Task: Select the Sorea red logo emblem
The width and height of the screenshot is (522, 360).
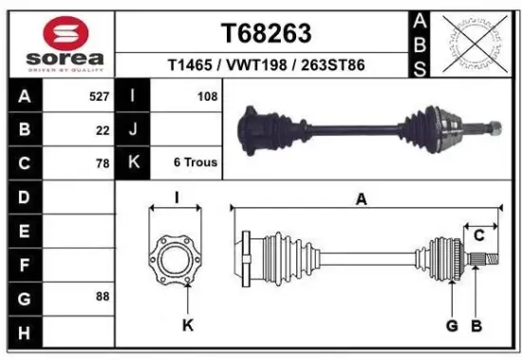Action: click(57, 33)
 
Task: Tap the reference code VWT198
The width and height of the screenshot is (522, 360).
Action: click(266, 65)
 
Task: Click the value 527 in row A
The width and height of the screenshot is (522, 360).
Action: click(96, 97)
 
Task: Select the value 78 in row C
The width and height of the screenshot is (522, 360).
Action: click(102, 163)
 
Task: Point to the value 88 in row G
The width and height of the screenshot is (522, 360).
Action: click(102, 296)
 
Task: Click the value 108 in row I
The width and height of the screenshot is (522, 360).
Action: click(207, 97)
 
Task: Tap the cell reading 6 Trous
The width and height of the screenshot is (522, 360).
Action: click(196, 163)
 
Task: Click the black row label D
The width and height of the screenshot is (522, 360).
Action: click(24, 197)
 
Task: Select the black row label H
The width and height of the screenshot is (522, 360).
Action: click(24, 331)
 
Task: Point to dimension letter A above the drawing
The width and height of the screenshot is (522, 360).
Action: click(362, 199)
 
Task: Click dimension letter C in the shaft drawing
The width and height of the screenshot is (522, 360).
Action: click(479, 235)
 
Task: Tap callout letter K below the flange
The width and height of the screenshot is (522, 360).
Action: click(187, 326)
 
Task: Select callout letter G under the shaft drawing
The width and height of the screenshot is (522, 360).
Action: click(452, 326)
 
